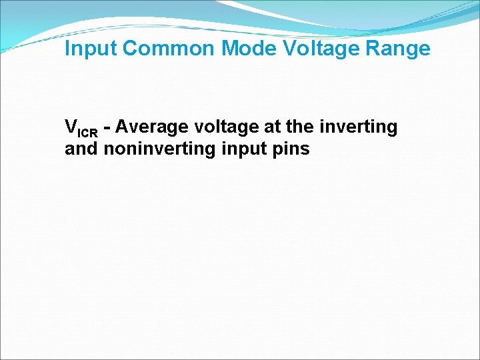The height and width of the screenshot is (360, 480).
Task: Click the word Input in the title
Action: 91,49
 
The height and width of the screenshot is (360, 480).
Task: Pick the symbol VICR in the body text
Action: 81,127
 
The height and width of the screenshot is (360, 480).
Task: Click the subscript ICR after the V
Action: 87,131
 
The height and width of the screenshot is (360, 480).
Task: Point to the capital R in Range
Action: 378,49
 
